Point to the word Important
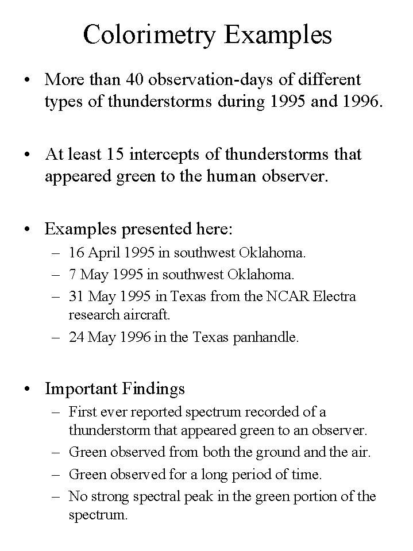tap(81, 389)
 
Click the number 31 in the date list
tap(76, 296)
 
